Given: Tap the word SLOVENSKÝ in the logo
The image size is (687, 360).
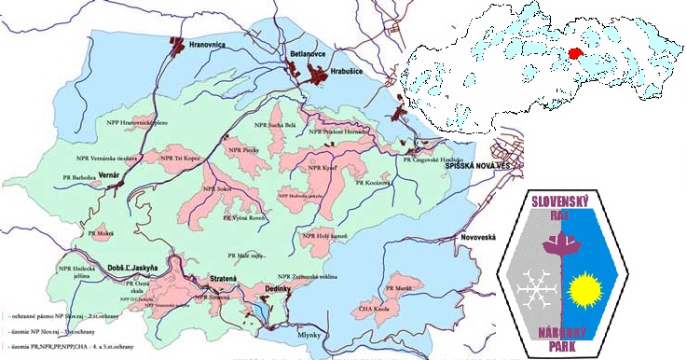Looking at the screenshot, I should pyautogui.click(x=562, y=201).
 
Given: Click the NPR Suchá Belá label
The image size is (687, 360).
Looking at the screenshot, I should pyautogui.click(x=275, y=124).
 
